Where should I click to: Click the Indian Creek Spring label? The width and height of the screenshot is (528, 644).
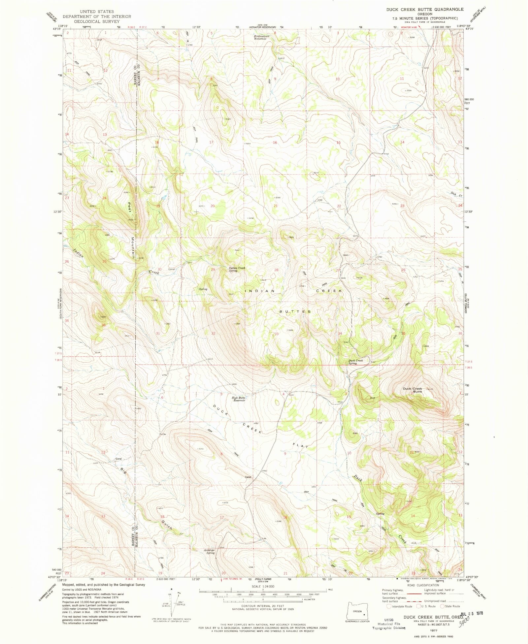(237, 269)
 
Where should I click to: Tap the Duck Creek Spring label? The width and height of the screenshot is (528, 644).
(356, 362)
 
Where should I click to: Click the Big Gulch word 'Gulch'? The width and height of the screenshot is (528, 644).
(167, 525)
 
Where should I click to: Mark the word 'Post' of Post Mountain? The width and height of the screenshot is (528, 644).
(130, 208)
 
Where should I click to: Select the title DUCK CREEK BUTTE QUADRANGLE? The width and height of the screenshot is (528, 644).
(425, 10)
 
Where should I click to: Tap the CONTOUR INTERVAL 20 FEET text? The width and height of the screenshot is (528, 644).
(263, 606)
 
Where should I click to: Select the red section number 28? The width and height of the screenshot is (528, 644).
(276, 270)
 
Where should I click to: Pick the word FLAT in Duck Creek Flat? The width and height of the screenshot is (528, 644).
(300, 446)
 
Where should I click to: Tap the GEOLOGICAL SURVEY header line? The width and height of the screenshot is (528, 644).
(97, 21)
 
